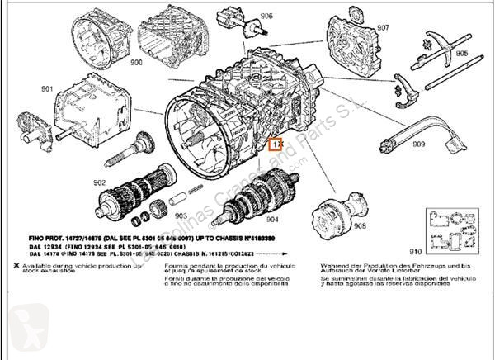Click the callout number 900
136,62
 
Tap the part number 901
45,89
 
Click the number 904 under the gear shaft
272,220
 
